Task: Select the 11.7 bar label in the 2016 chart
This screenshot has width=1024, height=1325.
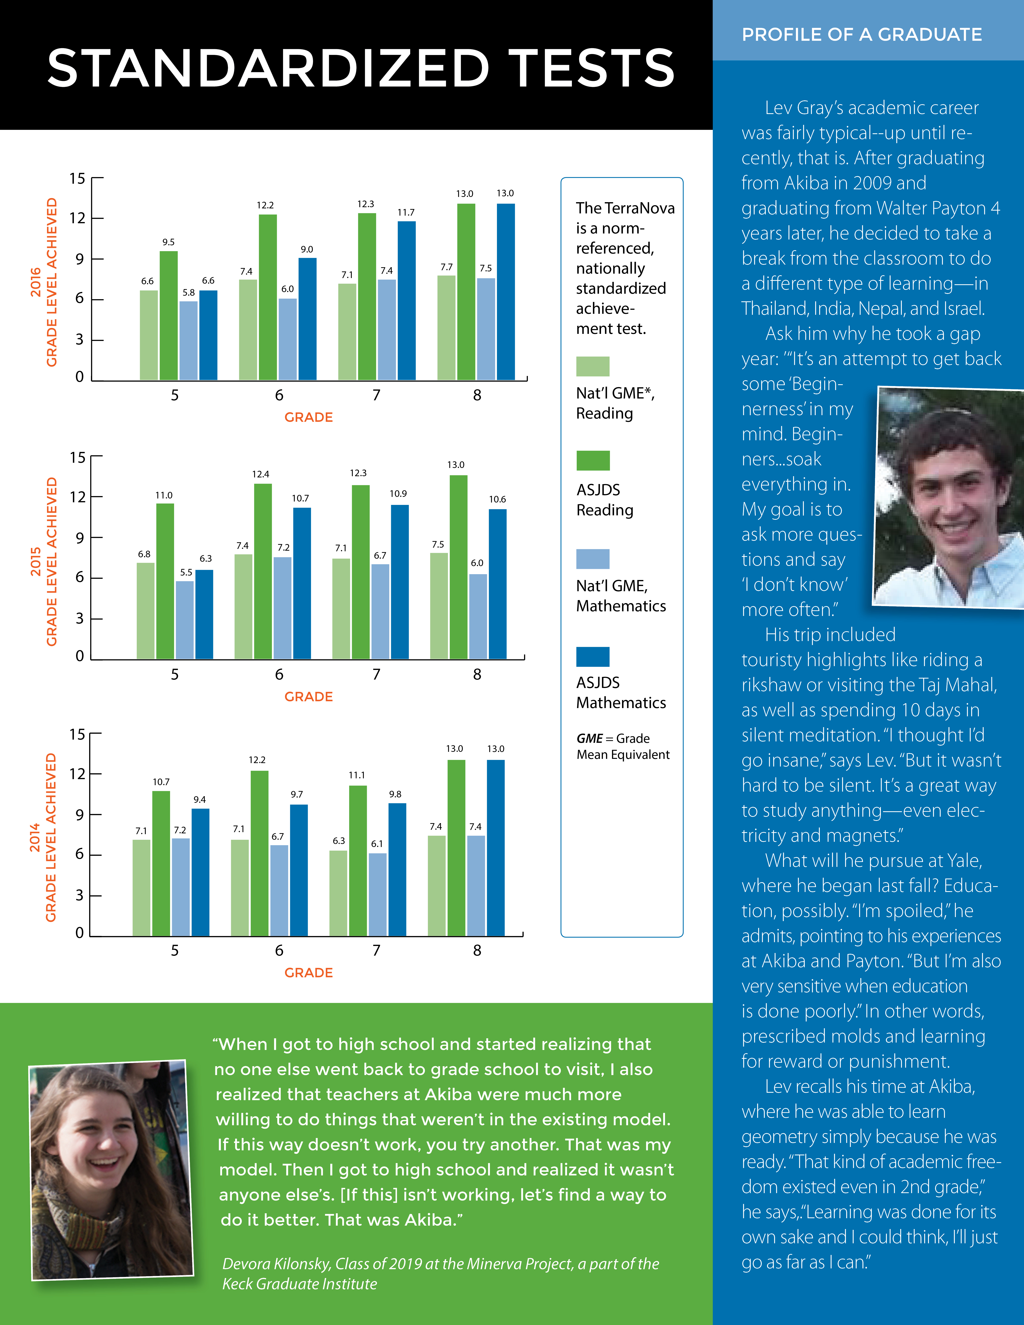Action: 406,212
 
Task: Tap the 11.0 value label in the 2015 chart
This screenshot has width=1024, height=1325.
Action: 164,495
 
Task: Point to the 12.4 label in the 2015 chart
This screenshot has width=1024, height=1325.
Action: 261,474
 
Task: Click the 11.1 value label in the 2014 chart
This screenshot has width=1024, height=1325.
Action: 357,775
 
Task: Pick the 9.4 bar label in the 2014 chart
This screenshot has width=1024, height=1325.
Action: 200,800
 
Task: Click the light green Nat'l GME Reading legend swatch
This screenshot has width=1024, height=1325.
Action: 593,366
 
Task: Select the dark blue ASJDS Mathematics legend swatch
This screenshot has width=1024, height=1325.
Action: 593,656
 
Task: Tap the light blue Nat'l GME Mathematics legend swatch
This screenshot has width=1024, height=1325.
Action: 593,559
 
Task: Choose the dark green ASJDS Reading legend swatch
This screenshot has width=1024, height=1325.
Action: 593,461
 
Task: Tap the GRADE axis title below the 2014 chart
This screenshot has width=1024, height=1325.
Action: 309,972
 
